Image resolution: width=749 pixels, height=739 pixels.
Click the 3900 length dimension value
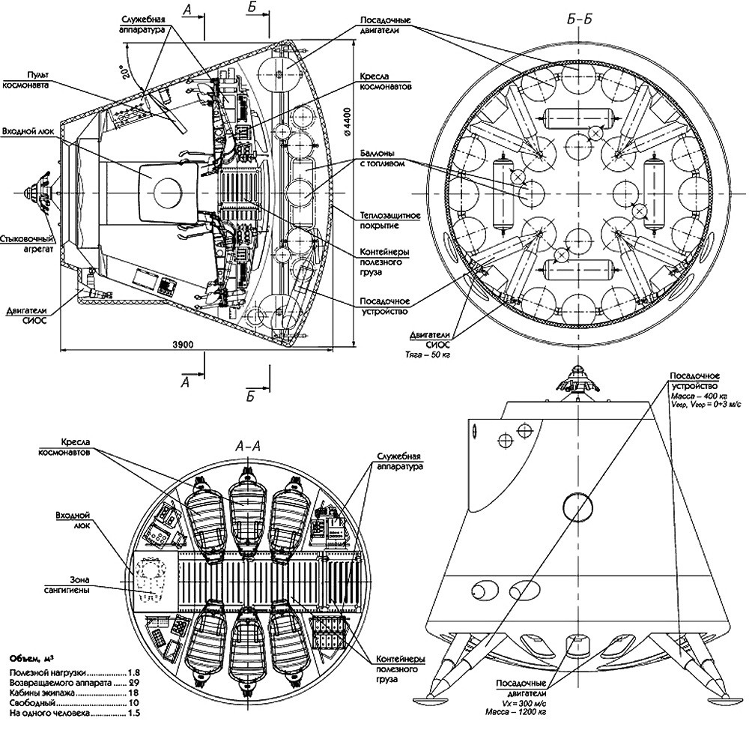[x=183, y=344]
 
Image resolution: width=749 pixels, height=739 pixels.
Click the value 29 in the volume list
[x=135, y=684]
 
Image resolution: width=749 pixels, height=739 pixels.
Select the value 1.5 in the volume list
[x=135, y=715]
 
